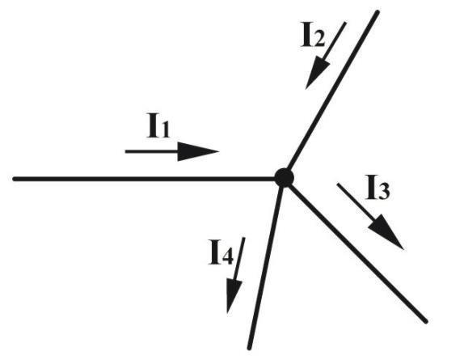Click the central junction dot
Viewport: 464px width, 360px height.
pyautogui.click(x=284, y=178)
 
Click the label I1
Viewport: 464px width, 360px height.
pyautogui.click(x=158, y=126)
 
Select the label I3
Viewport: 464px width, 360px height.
pyautogui.click(x=378, y=187)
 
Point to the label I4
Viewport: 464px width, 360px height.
pyautogui.click(x=221, y=252)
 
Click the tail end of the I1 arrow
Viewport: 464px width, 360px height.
pyautogui.click(x=125, y=151)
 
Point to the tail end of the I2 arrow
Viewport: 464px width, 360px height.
pyautogui.click(x=345, y=22)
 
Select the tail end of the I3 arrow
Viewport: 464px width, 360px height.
pyautogui.click(x=337, y=184)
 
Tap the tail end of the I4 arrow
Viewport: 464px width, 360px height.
pyautogui.click(x=244, y=238)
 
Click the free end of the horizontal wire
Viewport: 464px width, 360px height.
pyautogui.click(x=15, y=179)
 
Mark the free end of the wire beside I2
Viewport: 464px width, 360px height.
pyautogui.click(x=378, y=12)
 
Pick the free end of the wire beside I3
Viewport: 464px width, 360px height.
pyautogui.click(x=426, y=321)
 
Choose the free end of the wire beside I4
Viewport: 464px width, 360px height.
pyautogui.click(x=250, y=348)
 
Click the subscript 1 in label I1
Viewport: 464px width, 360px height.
pyautogui.click(x=165, y=130)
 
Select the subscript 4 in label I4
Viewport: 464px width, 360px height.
pyautogui.click(x=227, y=256)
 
